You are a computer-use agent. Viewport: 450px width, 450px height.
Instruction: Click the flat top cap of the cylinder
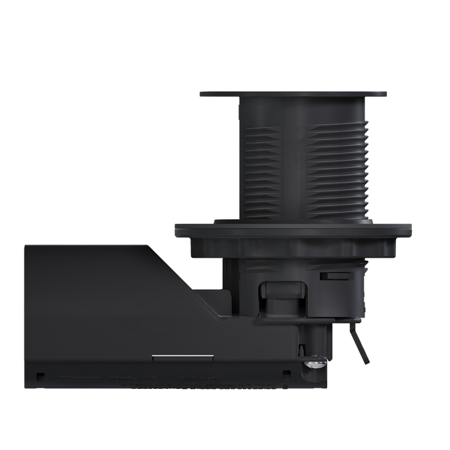tap(293, 93)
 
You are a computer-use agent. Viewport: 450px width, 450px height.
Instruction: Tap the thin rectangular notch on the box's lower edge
tap(171, 355)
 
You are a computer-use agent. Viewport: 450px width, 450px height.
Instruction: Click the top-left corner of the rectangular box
tap(24, 244)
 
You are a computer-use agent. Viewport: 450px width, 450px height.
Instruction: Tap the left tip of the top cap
tap(200, 94)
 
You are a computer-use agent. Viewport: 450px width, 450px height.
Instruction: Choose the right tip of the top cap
tap(388, 94)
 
